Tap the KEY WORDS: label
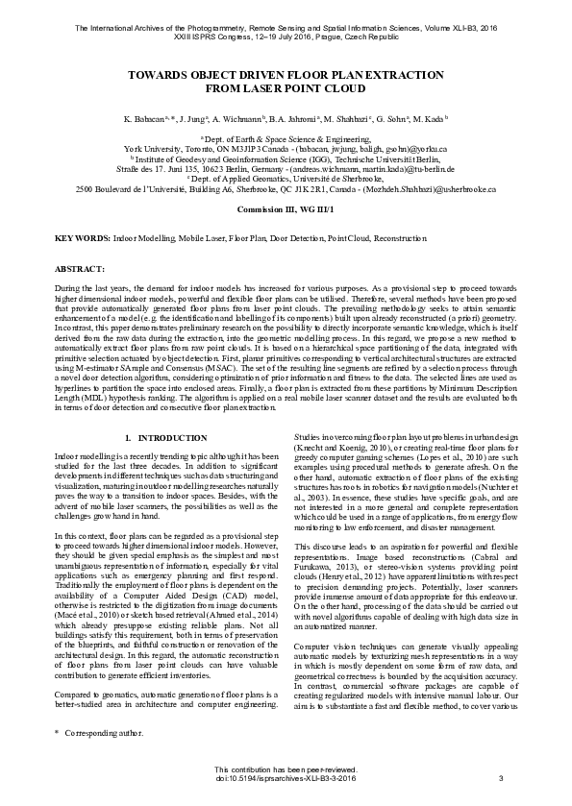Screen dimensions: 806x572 pos(82,236)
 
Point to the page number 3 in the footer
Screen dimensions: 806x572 pos(501,778)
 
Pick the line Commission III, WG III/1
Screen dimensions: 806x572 pos(286,208)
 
